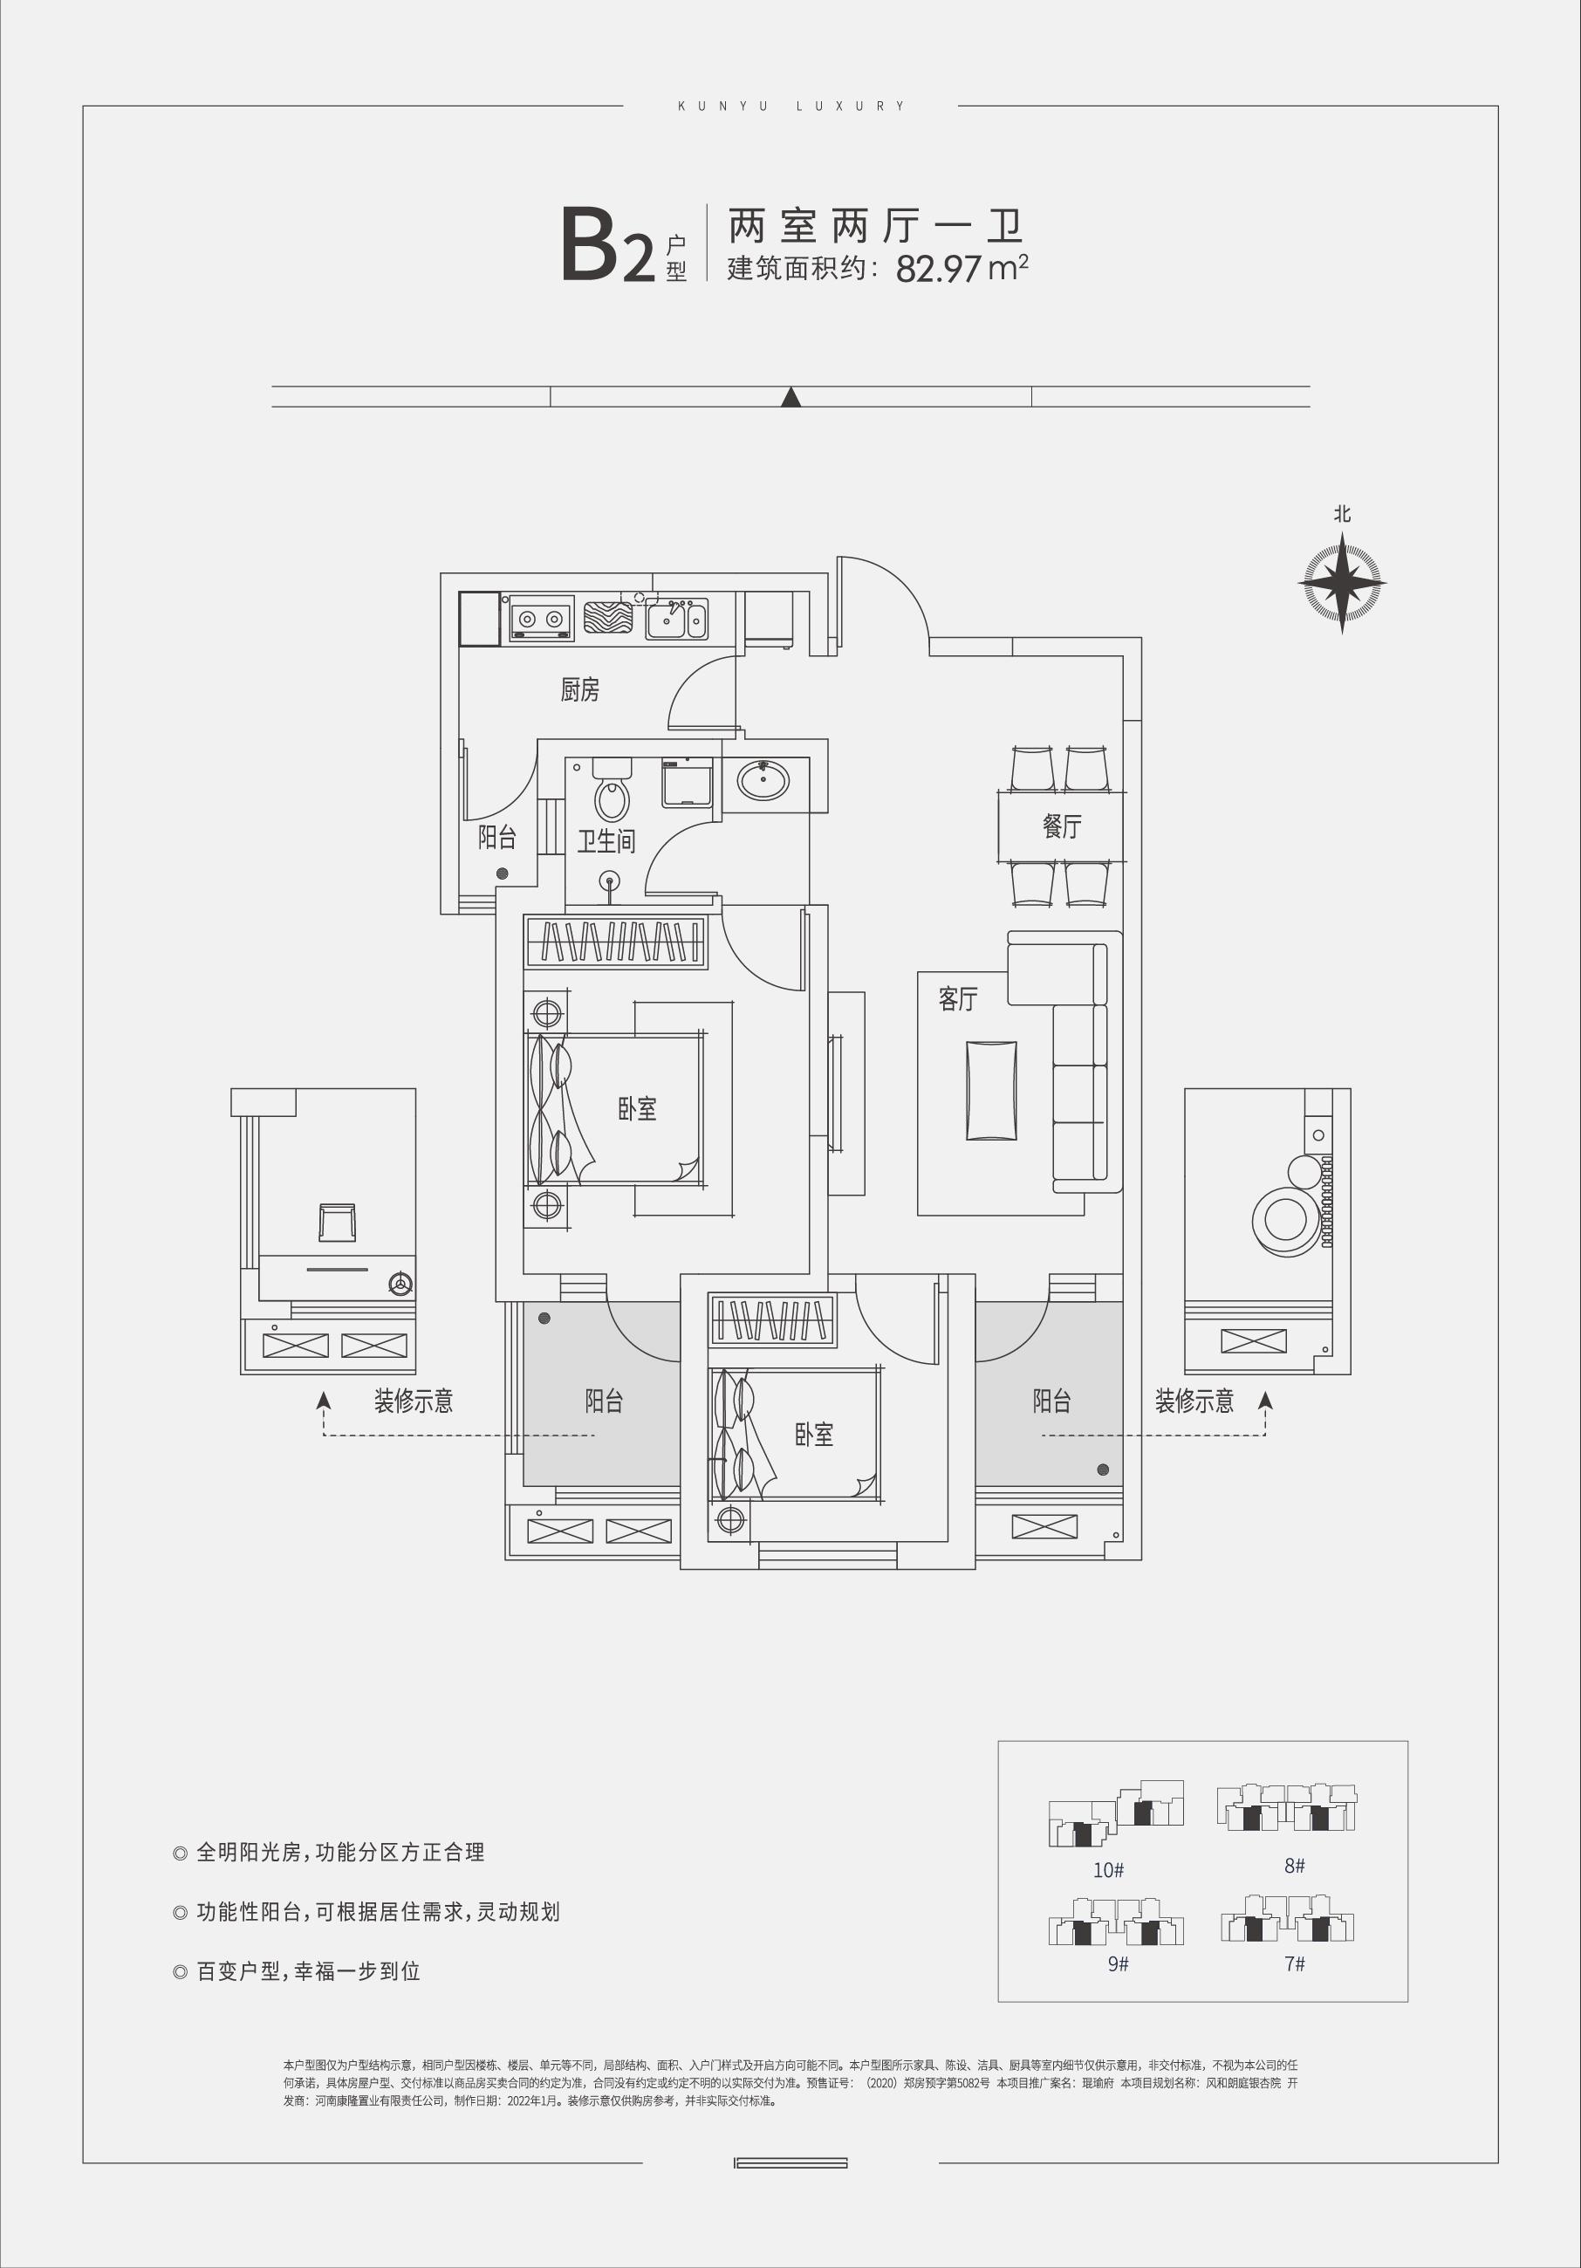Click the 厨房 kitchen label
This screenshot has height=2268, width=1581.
(579, 689)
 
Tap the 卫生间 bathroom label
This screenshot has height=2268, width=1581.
(606, 840)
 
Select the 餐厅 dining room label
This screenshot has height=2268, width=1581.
(1063, 826)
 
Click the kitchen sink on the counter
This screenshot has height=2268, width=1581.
(676, 620)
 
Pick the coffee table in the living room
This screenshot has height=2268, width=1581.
(991, 1091)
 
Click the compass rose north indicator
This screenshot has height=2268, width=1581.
(1341, 582)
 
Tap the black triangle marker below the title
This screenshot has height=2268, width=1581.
(790, 397)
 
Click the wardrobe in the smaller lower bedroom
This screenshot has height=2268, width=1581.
(772, 1319)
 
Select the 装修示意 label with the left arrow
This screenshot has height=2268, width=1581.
(413, 1401)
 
